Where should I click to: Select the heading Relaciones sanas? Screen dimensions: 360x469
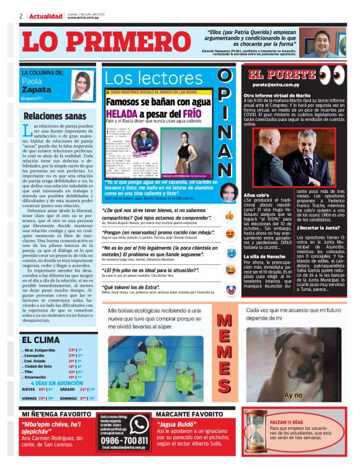55,116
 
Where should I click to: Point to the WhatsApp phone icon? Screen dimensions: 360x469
139,424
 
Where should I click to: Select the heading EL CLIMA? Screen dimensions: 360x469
41,339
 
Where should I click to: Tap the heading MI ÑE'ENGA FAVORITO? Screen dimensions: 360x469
58,413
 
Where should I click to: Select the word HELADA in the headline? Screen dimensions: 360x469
128,114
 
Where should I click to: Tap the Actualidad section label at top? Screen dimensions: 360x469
45,16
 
